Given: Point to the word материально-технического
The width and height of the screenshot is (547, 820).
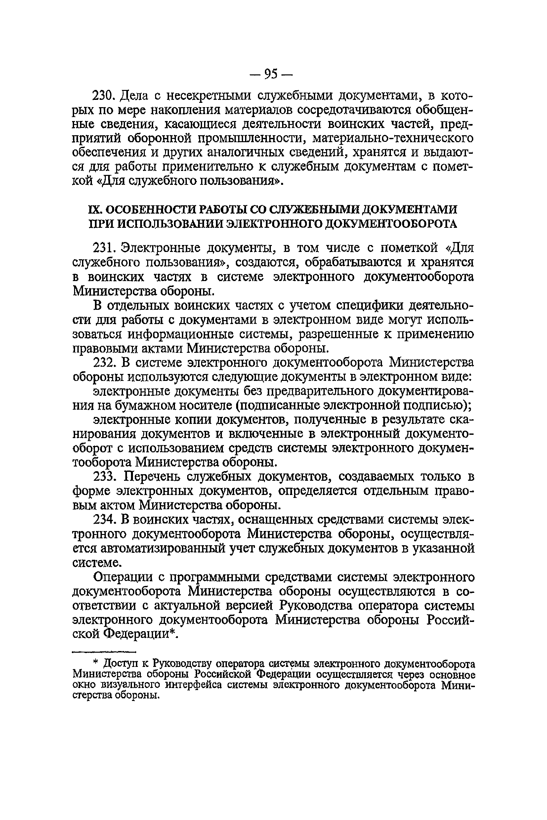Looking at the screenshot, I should click(x=393, y=139).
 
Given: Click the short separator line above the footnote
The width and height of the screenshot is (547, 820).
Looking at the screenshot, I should click(x=104, y=651).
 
